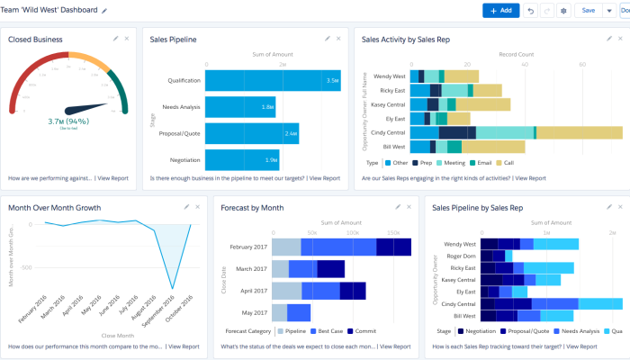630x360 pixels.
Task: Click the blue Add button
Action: [x=500, y=10]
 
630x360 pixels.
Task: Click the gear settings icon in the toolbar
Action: [x=563, y=10]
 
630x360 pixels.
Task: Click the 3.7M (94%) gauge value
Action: [x=67, y=121]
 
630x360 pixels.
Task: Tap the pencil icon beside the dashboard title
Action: [x=105, y=10]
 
